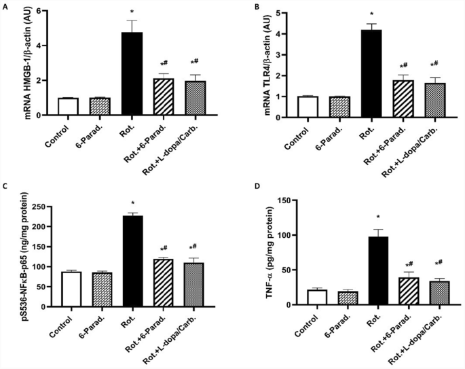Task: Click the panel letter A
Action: point(5,6)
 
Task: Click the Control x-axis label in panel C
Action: point(60,323)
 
